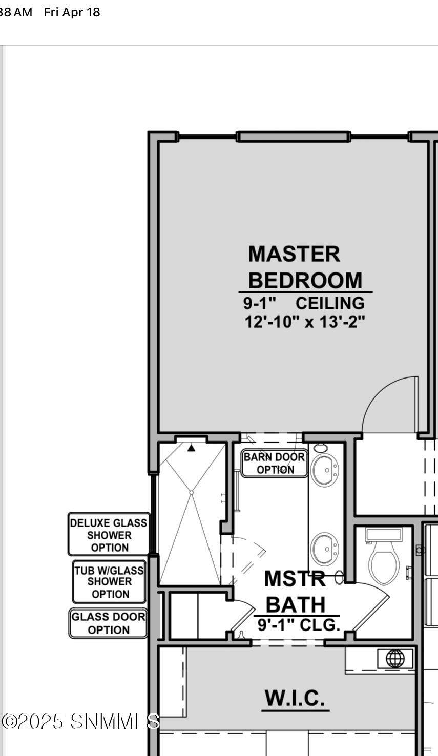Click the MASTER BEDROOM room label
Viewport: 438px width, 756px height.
pyautogui.click(x=305, y=267)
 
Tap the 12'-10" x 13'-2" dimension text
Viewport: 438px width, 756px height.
pyautogui.click(x=305, y=322)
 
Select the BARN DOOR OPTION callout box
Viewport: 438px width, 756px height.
pyautogui.click(x=275, y=463)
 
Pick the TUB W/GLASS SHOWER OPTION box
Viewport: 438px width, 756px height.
pyautogui.click(x=109, y=582)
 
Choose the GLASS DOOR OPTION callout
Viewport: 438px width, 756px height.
pyautogui.click(x=108, y=623)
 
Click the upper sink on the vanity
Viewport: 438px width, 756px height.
pyautogui.click(x=324, y=469)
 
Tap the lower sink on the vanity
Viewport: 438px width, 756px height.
pyautogui.click(x=324, y=549)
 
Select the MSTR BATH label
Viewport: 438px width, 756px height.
pyautogui.click(x=295, y=591)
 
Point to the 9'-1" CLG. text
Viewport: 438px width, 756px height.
pyautogui.click(x=299, y=625)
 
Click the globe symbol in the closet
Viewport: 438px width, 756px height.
pyautogui.click(x=395, y=658)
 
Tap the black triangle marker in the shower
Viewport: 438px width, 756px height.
pyautogui.click(x=191, y=448)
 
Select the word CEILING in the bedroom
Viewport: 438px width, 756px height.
pyautogui.click(x=330, y=303)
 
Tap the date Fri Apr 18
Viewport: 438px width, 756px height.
pyautogui.click(x=72, y=12)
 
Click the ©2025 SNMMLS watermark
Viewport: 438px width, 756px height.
pyautogui.click(x=80, y=722)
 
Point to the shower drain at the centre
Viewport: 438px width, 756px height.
pyautogui.click(x=191, y=493)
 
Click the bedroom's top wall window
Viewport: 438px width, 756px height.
pyautogui.click(x=294, y=136)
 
